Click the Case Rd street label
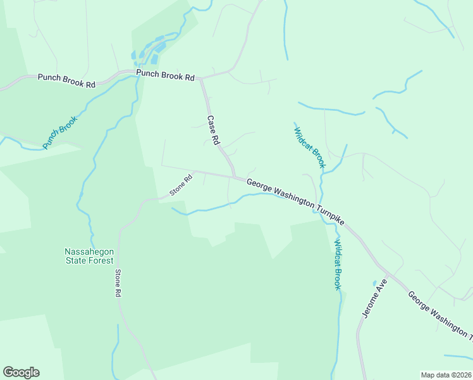point(213,130)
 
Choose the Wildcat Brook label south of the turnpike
point(338,265)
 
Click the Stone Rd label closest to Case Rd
point(180,185)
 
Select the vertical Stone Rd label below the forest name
point(118,283)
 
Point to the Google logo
point(21,372)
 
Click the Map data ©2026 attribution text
point(445,375)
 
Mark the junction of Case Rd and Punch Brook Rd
point(201,79)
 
